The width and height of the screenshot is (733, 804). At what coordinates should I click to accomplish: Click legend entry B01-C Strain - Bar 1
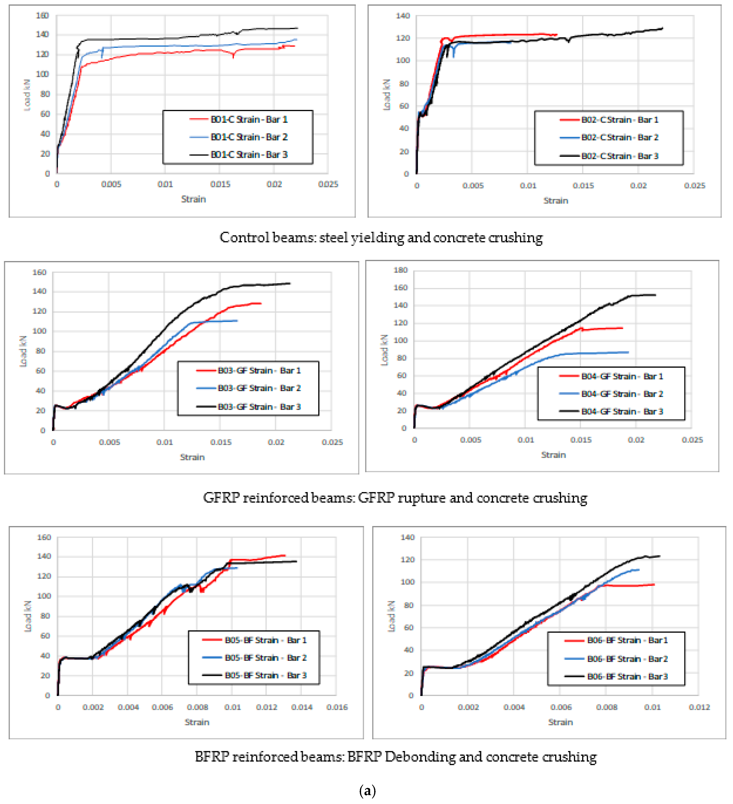[249, 119]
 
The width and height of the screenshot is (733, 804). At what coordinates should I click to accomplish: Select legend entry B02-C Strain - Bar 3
[619, 156]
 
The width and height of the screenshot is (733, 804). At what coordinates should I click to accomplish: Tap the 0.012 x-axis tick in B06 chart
[699, 707]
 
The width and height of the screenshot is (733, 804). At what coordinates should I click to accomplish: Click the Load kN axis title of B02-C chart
[386, 94]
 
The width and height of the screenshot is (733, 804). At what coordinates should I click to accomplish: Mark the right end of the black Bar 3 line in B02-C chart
[662, 28]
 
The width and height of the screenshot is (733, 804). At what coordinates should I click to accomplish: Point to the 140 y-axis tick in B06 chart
[407, 537]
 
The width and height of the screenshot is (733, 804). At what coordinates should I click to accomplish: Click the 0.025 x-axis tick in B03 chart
[332, 442]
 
